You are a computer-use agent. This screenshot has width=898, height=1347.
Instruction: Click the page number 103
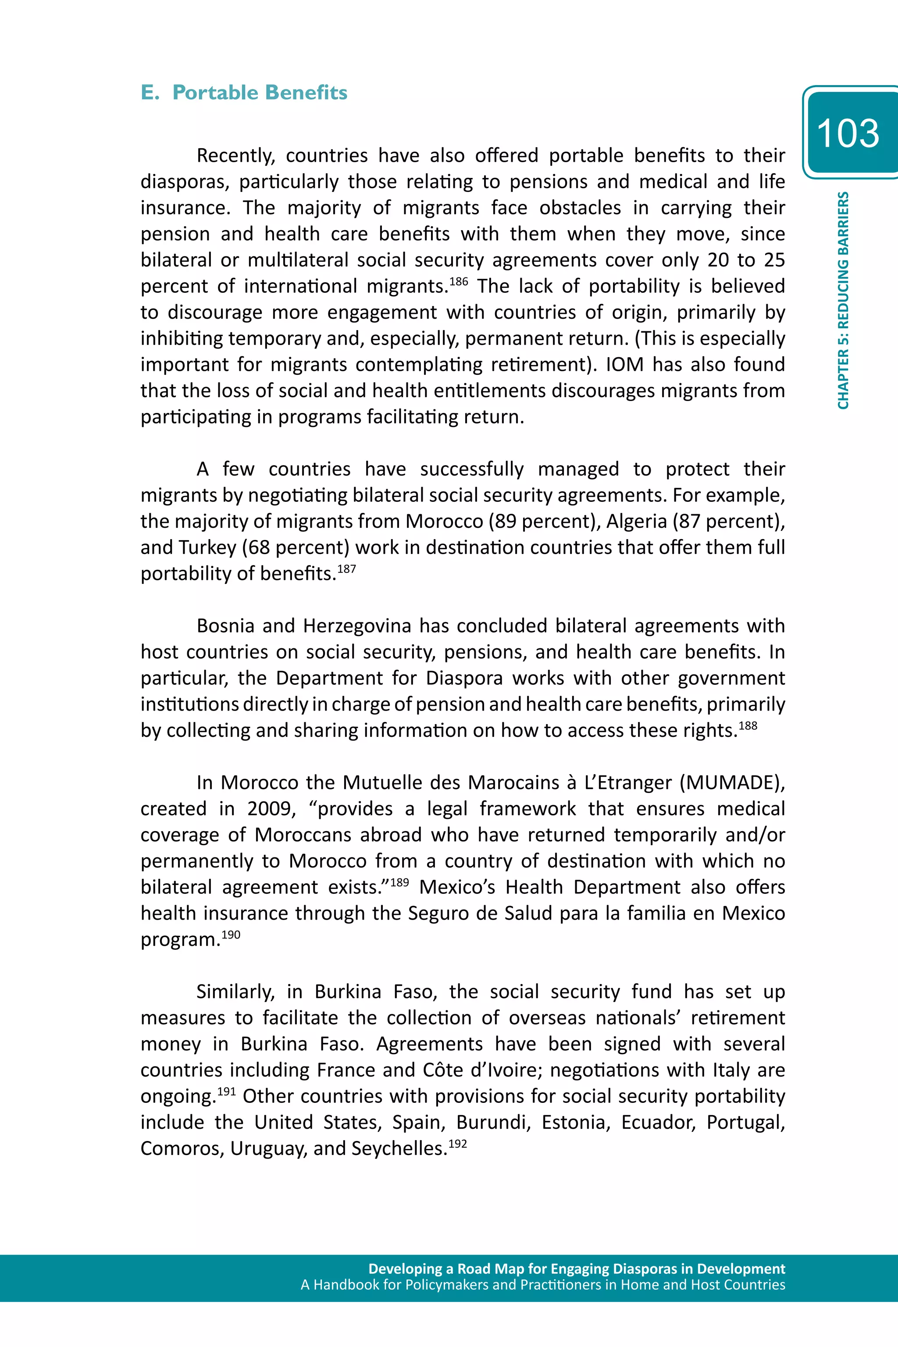tap(848, 133)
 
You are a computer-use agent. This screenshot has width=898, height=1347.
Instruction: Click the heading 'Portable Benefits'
tap(260, 93)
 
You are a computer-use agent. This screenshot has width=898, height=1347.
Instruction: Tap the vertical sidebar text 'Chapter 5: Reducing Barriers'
tap(843, 301)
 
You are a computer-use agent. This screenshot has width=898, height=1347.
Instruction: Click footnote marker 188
tap(748, 725)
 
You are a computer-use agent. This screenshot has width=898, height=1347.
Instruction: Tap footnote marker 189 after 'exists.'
tap(400, 882)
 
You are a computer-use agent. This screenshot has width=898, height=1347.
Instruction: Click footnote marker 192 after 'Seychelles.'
tap(458, 1143)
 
